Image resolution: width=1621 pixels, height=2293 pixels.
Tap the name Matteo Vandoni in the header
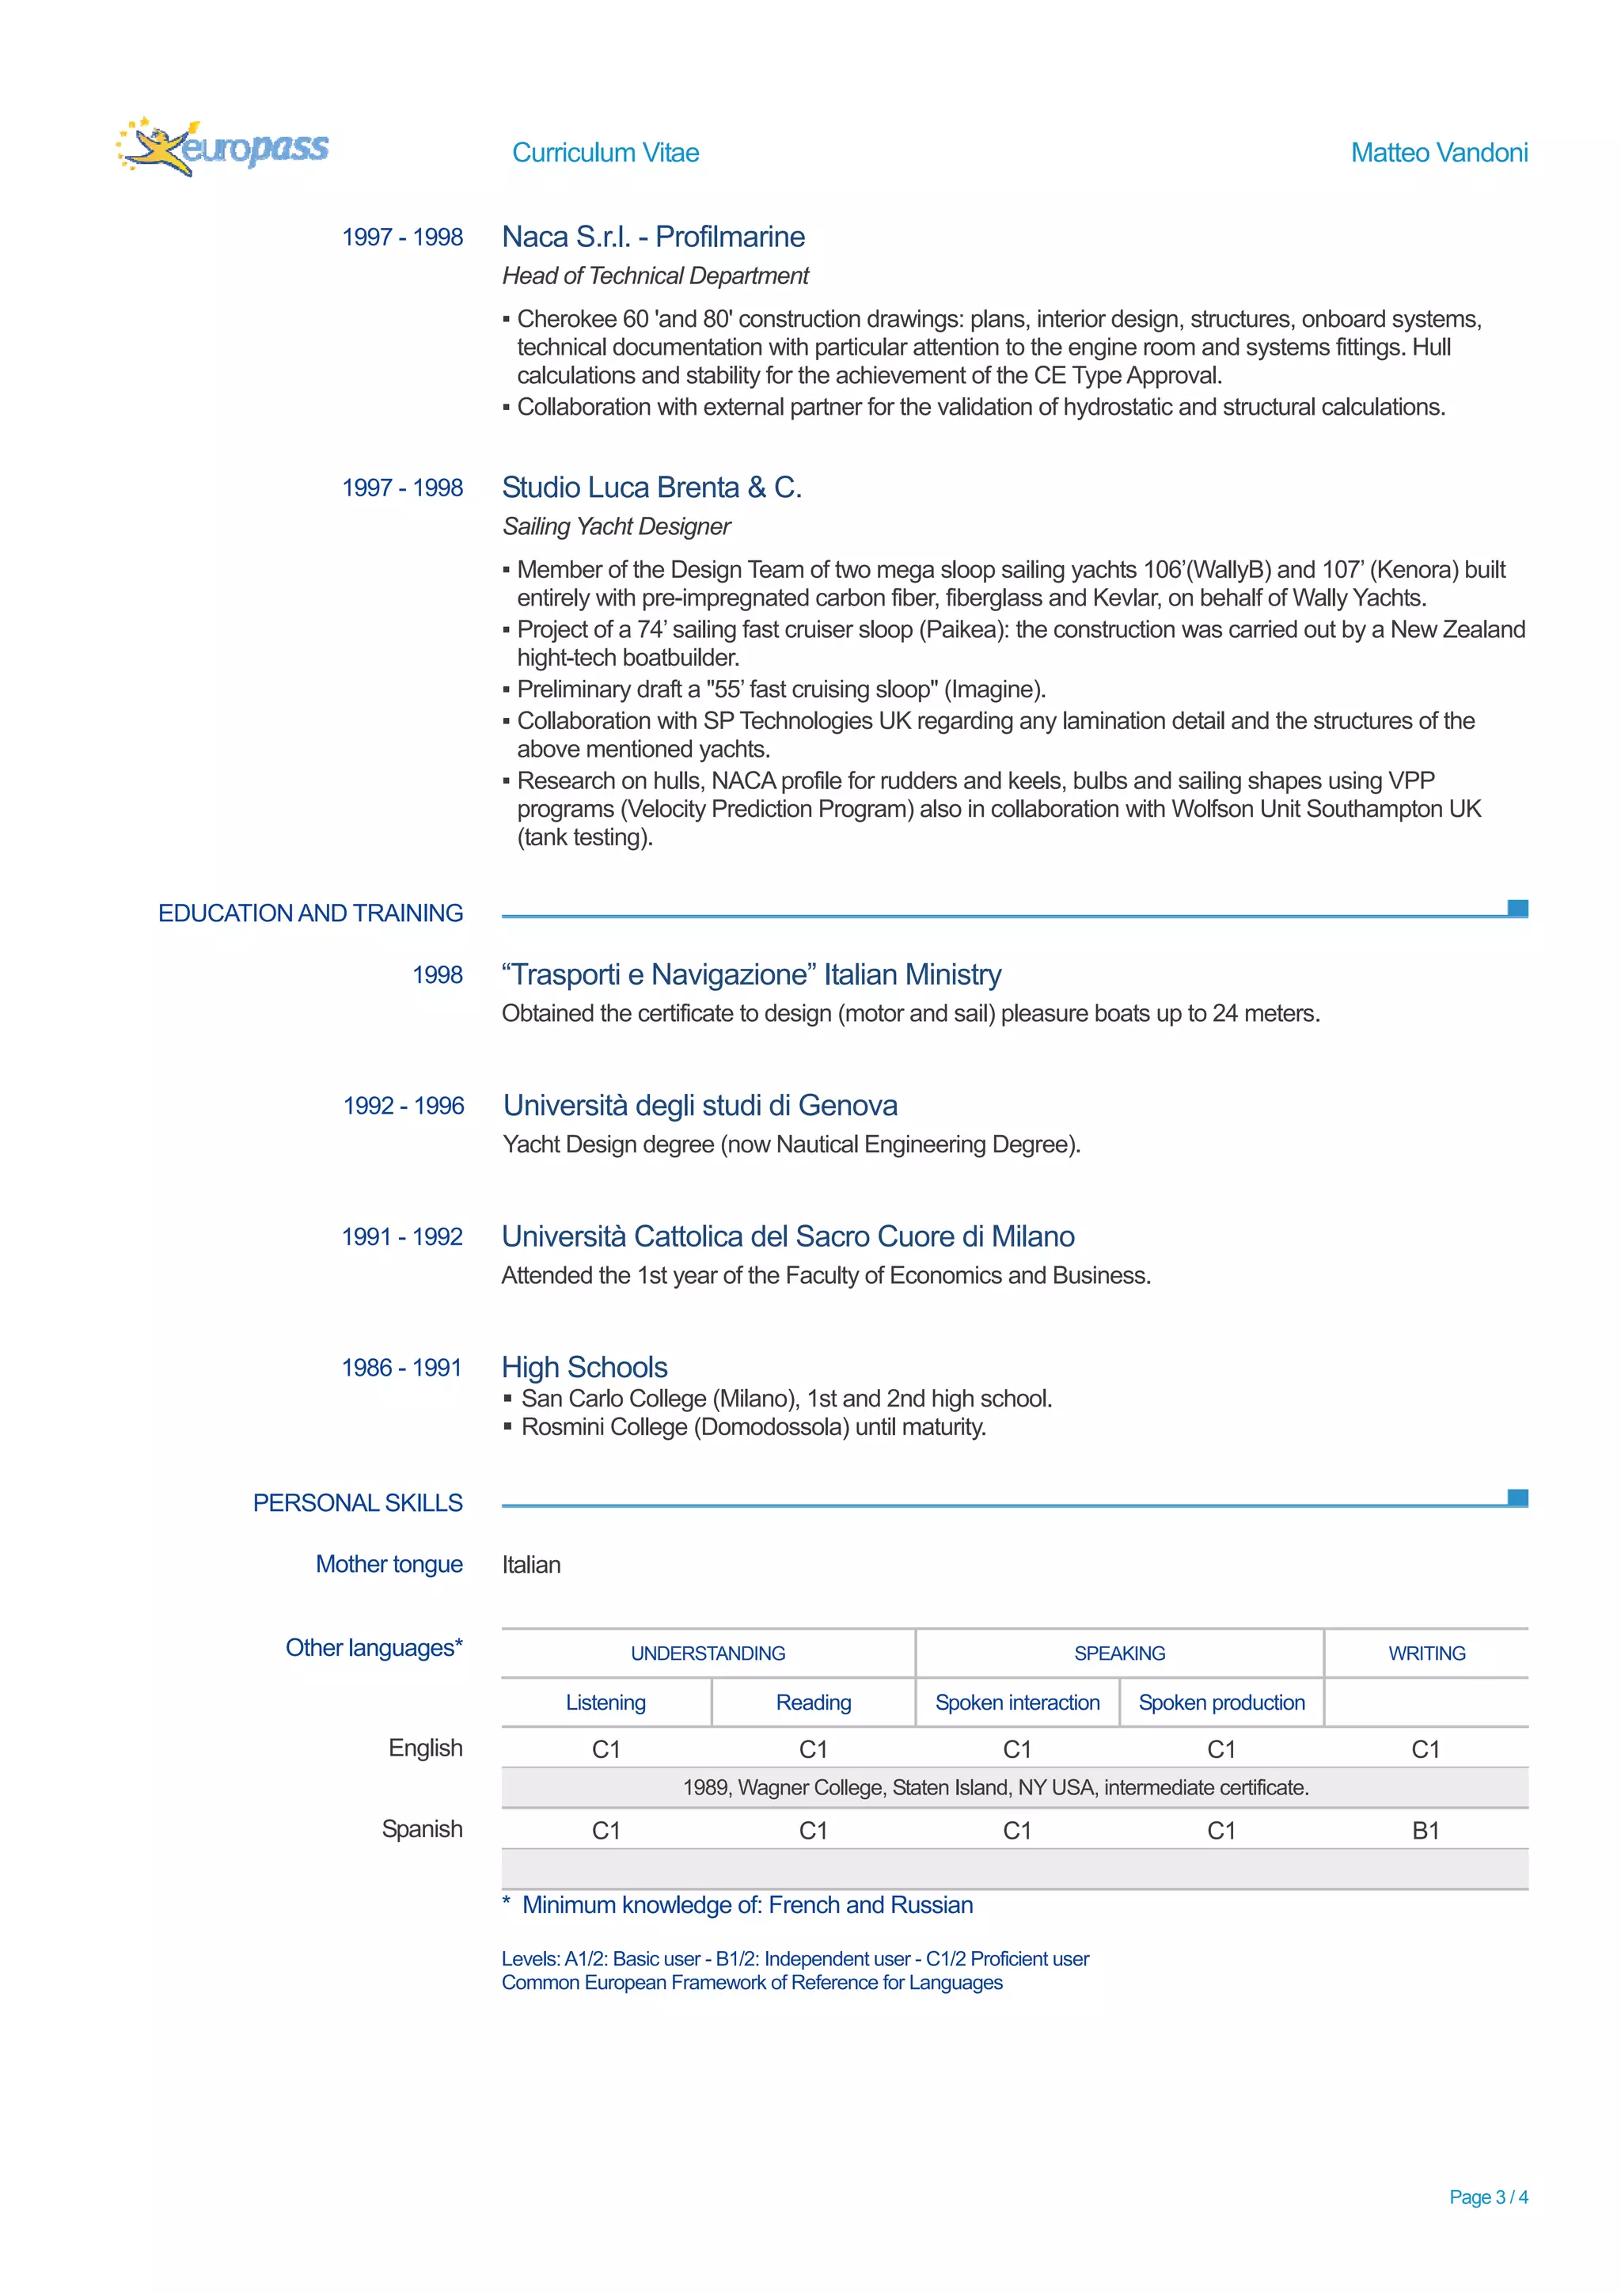coord(1438,153)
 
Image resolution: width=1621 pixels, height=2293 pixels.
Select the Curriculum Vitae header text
coord(606,153)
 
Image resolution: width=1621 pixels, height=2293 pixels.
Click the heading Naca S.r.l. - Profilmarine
coord(653,237)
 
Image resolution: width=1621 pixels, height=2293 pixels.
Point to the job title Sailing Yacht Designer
coord(617,526)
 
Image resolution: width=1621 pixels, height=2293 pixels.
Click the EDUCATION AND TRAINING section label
coord(310,913)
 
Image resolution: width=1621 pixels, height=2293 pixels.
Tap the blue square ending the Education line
coord(1517,908)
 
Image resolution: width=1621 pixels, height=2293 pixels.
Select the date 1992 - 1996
coord(404,1106)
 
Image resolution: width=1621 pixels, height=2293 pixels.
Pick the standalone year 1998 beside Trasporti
coord(438,974)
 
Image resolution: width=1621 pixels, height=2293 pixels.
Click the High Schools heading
coord(584,1367)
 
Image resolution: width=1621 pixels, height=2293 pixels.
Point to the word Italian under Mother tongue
coord(531,1565)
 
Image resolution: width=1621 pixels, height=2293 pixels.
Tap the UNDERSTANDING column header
coord(708,1653)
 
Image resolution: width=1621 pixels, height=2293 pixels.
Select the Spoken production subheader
coord(1221,1703)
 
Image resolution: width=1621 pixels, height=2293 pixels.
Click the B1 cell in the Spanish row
coord(1425,1831)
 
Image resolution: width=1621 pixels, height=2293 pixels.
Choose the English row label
coord(426,1748)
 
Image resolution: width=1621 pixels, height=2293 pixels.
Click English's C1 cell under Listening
coord(606,1750)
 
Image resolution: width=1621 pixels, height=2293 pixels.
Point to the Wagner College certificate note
coord(996,1788)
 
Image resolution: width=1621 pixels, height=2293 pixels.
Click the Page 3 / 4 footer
coord(1487,2197)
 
